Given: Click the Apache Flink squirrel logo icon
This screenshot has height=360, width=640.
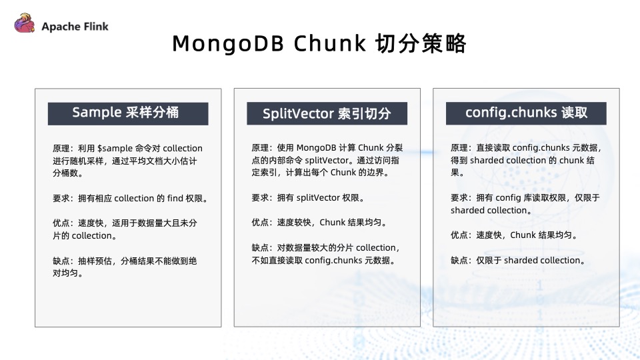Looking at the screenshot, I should click(x=24, y=25).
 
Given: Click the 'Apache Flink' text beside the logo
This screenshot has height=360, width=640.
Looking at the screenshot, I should click(x=75, y=27).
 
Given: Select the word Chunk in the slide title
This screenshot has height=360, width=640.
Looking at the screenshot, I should click(x=331, y=43).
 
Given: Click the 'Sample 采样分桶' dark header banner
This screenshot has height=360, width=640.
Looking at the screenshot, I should click(x=127, y=113).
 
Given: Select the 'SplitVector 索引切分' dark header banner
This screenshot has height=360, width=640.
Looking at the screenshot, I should click(x=327, y=113).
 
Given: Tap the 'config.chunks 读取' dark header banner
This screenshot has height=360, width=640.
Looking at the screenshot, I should click(x=526, y=113).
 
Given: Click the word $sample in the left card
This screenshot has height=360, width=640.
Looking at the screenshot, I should click(x=115, y=148).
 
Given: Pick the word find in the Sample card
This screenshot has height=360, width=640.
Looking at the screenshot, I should click(x=179, y=198).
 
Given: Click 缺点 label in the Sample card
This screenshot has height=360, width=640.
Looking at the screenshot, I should click(x=61, y=261).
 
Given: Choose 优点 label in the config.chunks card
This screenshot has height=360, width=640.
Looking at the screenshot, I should click(x=460, y=235).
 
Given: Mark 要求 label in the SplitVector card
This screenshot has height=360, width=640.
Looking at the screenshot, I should click(x=261, y=198).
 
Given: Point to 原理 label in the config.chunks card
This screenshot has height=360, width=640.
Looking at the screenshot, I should click(x=460, y=148).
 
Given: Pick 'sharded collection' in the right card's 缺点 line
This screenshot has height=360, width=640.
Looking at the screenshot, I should click(x=543, y=261).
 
